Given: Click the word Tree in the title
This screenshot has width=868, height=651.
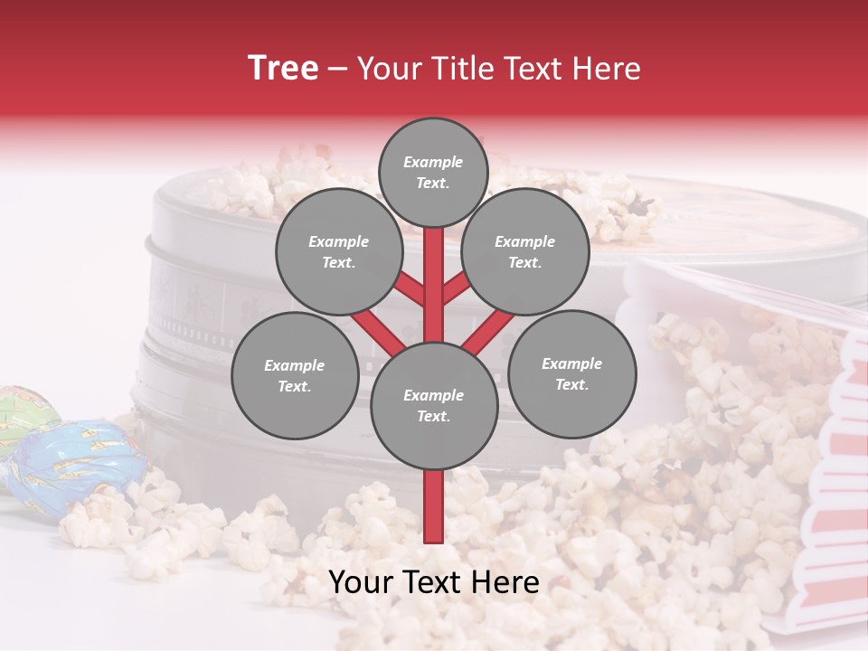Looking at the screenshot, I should click(283, 69).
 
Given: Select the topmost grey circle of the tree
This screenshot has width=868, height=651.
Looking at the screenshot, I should click(433, 172).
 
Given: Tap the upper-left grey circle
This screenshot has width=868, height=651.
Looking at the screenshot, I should click(338, 251).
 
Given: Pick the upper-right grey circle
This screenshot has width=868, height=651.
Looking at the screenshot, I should click(524, 251).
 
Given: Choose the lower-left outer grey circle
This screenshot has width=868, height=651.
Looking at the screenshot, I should click(294, 375).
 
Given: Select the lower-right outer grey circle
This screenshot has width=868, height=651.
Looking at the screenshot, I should click(571, 373).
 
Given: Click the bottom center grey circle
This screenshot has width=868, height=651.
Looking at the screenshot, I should click(433, 405).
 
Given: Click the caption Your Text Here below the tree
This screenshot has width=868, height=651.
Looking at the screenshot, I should click(434, 583).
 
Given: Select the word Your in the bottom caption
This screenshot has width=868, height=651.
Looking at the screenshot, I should click(360, 583).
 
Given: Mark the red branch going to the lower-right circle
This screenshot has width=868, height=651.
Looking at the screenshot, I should click(489, 331).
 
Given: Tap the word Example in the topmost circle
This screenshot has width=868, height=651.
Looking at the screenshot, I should click(433, 162).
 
